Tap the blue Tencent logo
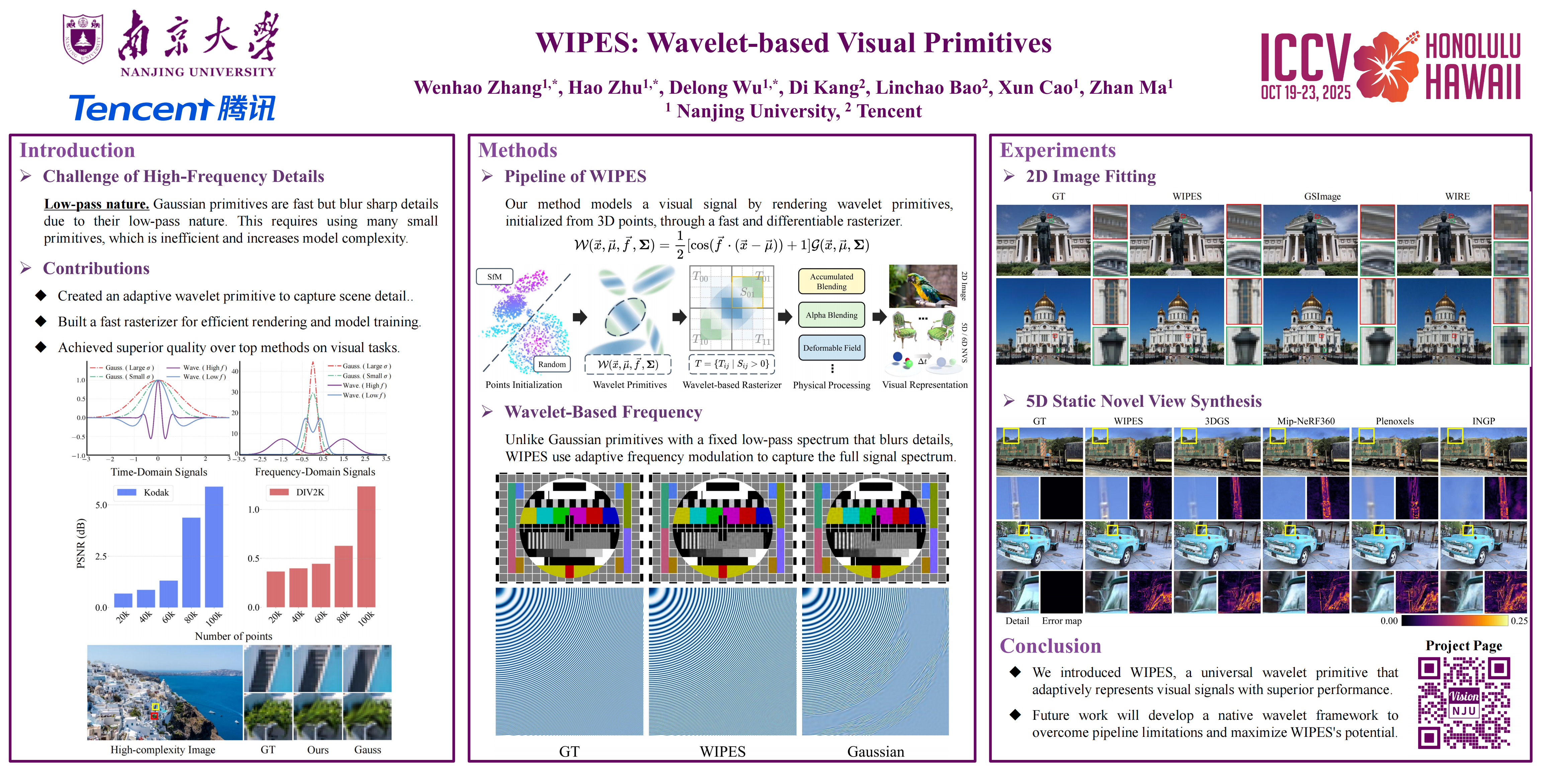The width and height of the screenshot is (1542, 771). [x=172, y=108]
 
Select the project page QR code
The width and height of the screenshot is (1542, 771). [x=1464, y=702]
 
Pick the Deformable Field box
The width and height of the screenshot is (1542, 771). [x=832, y=348]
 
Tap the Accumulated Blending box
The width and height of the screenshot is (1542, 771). [x=832, y=281]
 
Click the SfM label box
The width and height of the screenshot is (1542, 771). [x=495, y=276]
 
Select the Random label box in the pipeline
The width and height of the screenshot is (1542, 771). [x=551, y=364]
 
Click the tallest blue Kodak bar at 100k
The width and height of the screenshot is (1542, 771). [x=214, y=546]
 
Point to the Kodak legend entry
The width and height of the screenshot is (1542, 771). [x=144, y=492]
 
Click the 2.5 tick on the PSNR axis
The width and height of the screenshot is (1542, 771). [x=101, y=556]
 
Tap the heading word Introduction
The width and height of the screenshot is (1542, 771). [x=77, y=150]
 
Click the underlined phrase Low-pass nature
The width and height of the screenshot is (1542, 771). [x=96, y=204]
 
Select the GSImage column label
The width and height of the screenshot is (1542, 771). [x=1322, y=196]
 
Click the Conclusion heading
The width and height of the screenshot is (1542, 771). [x=1050, y=646]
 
